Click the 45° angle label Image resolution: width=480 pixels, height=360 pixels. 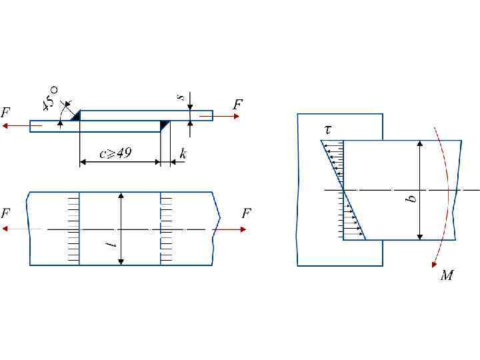pos(51,97)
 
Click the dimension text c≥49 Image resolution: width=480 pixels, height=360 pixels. pos(115,154)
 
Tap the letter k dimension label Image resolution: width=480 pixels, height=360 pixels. pos(183,154)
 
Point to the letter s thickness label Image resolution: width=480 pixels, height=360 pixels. pos(179,98)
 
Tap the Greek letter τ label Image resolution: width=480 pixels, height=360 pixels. pos(328,130)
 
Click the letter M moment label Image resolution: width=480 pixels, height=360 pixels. pos(447,275)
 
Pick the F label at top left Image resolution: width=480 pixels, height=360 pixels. pos(6,112)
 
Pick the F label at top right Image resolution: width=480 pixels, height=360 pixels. pos(237,105)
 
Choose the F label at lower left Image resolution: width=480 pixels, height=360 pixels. pos(6,214)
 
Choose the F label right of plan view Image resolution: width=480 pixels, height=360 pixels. pos(246,214)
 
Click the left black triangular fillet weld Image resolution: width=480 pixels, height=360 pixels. pos(75,116)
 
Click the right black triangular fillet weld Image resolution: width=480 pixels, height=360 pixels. pos(165,125)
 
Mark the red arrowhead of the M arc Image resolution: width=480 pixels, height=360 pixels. pos(435,263)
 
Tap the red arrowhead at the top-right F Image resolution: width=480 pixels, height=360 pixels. pos(236,116)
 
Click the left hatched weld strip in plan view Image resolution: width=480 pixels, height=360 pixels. pos(73,229)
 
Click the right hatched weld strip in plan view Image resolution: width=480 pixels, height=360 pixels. pos(167,229)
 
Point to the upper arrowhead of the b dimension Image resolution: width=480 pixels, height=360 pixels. pos(420,144)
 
